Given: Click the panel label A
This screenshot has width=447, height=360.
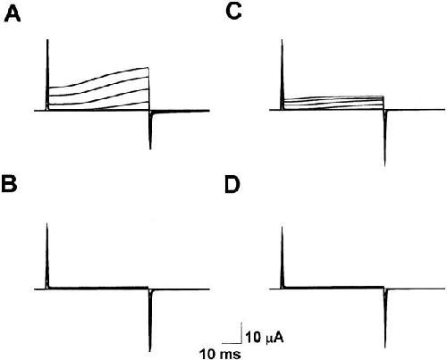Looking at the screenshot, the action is pos(13,14).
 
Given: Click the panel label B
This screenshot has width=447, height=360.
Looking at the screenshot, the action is pos(9,185).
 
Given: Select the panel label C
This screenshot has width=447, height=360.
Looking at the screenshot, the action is pos(233,13).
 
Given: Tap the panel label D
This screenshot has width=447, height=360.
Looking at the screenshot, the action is pos(232,185).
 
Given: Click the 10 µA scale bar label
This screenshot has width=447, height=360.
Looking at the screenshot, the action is pos(264,338).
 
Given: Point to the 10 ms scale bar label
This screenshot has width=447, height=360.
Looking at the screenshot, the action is pos(220,354).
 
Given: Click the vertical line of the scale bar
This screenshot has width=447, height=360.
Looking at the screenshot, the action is pos(241,332).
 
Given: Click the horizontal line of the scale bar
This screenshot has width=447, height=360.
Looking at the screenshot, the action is pos(232,342).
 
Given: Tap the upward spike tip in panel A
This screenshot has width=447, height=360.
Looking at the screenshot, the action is pos(47,39).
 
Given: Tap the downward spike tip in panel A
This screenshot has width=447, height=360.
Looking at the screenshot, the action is pos(150,149).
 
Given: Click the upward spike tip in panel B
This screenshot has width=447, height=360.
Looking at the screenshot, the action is pos(47,223).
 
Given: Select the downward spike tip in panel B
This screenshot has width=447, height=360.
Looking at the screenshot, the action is pos(150,351).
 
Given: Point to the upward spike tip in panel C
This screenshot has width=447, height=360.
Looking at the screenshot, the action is pos(282,40).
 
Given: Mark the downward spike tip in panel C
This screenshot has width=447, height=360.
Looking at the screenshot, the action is pos(385,166).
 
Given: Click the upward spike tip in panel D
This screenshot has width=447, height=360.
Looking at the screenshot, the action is pos(282,227).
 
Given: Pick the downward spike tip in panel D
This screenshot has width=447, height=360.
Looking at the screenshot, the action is pos(385,347).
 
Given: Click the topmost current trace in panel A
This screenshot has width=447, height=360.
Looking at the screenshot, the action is pos(98,76).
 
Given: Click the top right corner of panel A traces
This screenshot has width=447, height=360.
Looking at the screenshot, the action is pos(148,68).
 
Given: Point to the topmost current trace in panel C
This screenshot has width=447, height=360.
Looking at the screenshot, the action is pos(333,96).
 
